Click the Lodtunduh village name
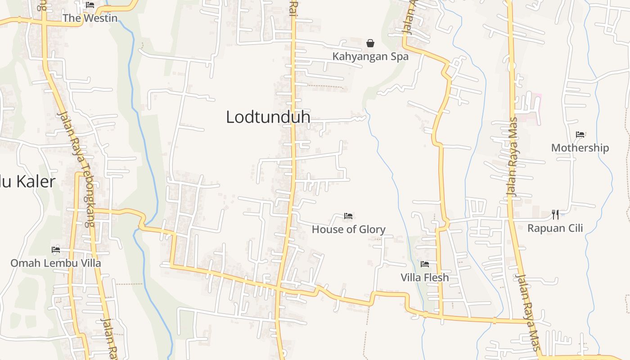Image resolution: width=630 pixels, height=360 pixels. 268,117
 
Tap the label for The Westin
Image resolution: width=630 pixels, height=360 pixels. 90,18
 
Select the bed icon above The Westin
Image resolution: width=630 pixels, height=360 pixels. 90,5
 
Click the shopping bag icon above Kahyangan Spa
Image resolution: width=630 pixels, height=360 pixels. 370,43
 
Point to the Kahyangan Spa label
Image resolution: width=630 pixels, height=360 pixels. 370,57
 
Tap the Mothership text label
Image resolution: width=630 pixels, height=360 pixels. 580,148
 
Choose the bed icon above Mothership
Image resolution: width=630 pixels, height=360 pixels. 580,134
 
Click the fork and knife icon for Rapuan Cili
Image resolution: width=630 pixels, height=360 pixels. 555,215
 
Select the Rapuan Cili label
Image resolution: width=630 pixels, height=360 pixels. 555,228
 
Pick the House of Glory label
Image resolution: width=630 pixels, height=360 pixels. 349,229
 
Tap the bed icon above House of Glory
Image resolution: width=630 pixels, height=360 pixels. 348,216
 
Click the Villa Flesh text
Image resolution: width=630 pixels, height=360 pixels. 425,278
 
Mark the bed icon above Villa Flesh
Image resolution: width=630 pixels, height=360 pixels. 425,264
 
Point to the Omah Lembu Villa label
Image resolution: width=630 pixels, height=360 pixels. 56,263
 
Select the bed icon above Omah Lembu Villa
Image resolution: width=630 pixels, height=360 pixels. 56,249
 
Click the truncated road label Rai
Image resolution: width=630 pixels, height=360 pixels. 293,9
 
